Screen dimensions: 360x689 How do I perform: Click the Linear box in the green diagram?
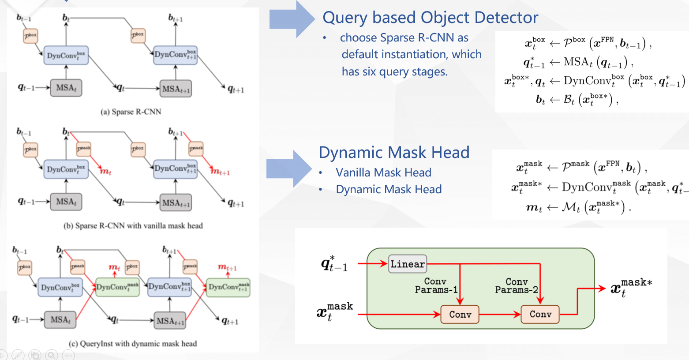pyautogui.click(x=408, y=264)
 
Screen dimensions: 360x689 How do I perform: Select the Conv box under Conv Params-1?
pyautogui.click(x=460, y=315)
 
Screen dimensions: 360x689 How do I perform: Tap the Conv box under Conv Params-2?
pyautogui.click(x=540, y=315)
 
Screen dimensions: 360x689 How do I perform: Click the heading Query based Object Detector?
pyautogui.click(x=430, y=18)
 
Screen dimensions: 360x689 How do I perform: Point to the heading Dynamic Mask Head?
pyautogui.click(x=394, y=152)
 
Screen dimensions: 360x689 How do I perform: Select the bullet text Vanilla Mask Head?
pyautogui.click(x=383, y=172)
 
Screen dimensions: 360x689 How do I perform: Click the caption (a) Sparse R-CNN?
pyautogui.click(x=131, y=112)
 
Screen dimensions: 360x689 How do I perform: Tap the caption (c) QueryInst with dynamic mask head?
pyautogui.click(x=133, y=343)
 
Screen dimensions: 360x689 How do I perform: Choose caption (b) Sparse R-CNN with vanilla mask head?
pyautogui.click(x=133, y=226)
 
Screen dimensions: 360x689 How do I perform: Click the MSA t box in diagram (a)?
pyautogui.click(x=66, y=87)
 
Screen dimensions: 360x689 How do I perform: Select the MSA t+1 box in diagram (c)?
pyautogui.click(x=170, y=321)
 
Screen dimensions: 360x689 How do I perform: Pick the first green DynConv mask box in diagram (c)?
pyautogui.click(x=117, y=287)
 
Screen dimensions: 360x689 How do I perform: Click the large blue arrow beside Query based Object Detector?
pyautogui.click(x=292, y=19)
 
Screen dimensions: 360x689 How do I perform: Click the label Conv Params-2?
pyautogui.click(x=517, y=285)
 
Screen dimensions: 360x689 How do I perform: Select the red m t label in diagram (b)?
pyautogui.click(x=105, y=172)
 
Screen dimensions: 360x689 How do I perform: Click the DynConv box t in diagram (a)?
pyautogui.click(x=66, y=56)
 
